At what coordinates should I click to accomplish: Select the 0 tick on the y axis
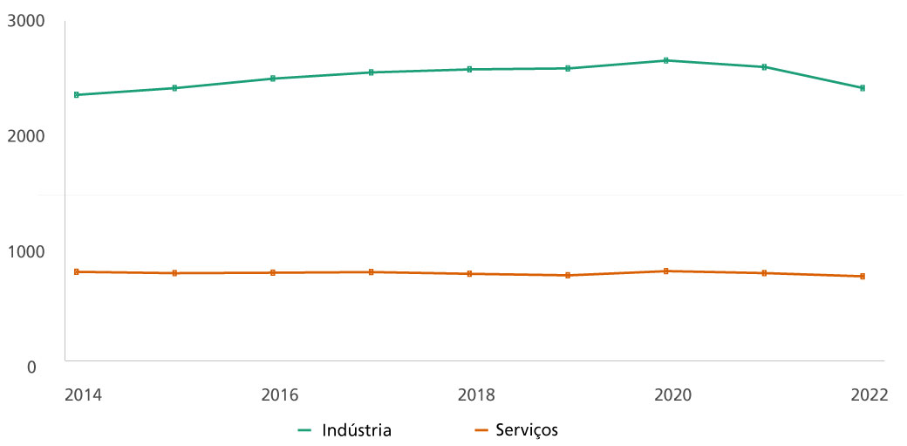(x=31, y=367)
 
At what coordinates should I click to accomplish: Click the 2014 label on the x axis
(x=83, y=395)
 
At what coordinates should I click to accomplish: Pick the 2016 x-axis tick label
(x=279, y=395)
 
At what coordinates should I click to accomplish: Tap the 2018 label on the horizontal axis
(x=476, y=395)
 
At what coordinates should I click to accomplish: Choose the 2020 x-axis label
(x=672, y=395)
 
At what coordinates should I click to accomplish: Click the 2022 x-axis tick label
(x=869, y=395)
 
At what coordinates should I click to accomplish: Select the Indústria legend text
(x=357, y=430)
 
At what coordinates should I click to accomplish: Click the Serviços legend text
(x=527, y=430)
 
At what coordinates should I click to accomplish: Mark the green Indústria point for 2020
(x=666, y=60)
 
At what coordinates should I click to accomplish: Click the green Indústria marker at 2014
(x=77, y=94)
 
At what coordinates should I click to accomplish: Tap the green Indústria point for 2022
(x=863, y=88)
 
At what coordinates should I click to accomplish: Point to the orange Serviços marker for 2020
(x=666, y=271)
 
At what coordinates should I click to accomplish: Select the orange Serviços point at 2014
(x=77, y=272)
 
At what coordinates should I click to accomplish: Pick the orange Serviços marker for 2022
(x=863, y=276)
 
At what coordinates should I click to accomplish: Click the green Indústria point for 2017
(x=372, y=72)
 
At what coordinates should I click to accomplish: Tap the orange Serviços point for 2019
(x=568, y=275)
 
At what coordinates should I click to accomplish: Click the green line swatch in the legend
(x=305, y=430)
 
